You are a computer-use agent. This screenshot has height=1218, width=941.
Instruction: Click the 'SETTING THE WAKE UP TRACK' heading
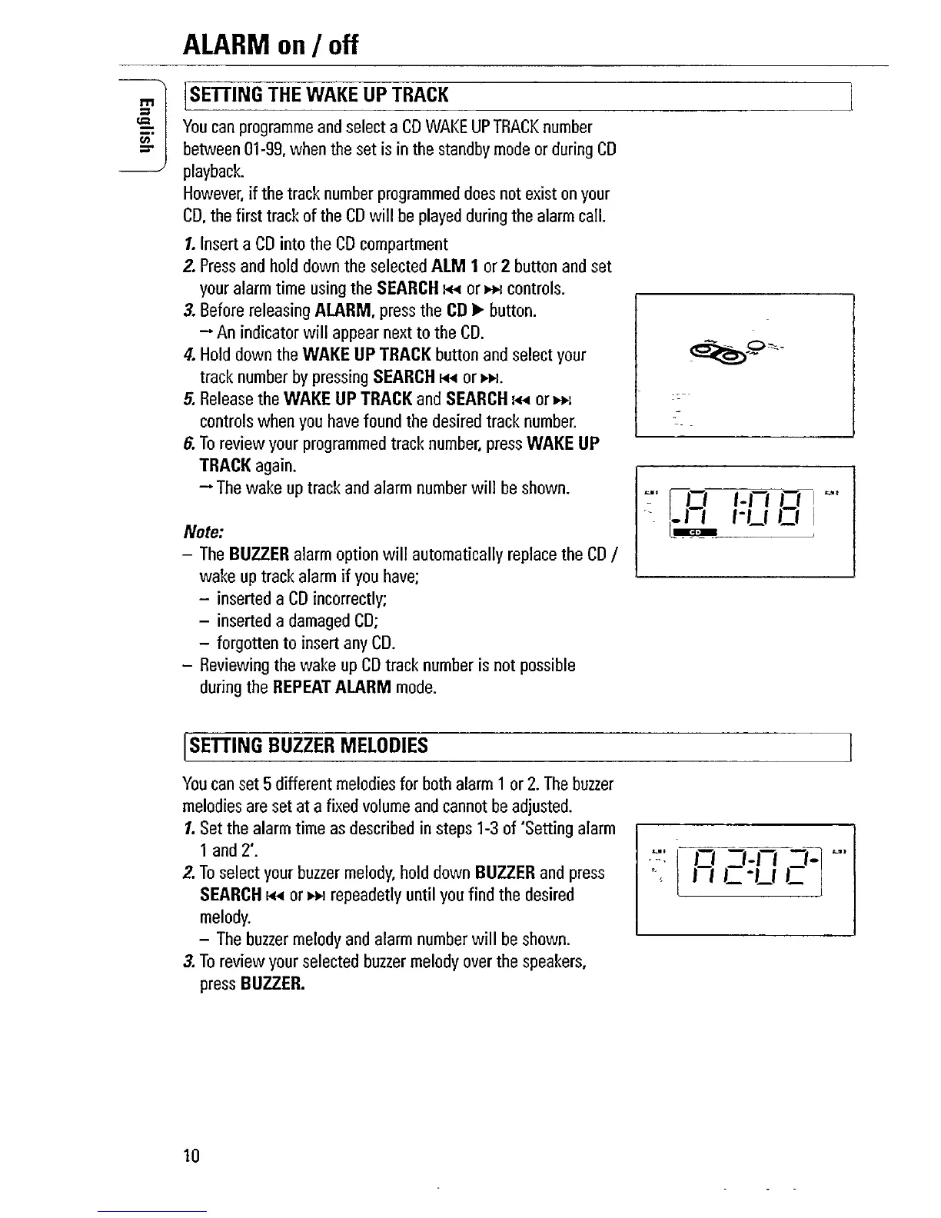(318, 95)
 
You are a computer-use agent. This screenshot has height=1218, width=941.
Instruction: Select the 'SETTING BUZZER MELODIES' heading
(308, 746)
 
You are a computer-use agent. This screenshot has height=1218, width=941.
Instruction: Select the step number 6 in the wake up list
(188, 444)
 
